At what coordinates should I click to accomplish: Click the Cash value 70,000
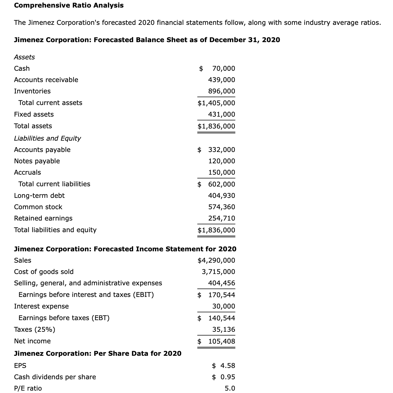223,69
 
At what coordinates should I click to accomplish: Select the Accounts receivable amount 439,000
221,80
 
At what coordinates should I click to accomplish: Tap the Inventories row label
32,91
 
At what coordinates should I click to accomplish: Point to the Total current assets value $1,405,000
216,103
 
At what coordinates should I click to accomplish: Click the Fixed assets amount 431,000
221,114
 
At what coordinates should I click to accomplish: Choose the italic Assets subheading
24,57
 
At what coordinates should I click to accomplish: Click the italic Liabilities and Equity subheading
47,138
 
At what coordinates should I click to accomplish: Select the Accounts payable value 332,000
221,150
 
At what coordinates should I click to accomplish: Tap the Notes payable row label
37,161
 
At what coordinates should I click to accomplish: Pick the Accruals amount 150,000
221,172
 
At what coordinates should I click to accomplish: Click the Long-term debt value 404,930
221,196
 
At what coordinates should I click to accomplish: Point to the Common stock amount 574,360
221,207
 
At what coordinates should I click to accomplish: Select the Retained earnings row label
43,218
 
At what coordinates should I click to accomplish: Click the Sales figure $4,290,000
216,260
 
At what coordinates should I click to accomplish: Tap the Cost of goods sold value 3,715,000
218,272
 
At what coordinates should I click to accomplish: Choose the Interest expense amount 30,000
223,306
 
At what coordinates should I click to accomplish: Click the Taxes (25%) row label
35,330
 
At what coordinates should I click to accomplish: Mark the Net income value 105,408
221,341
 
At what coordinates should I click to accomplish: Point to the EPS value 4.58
227,366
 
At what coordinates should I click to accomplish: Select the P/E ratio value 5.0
230,388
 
